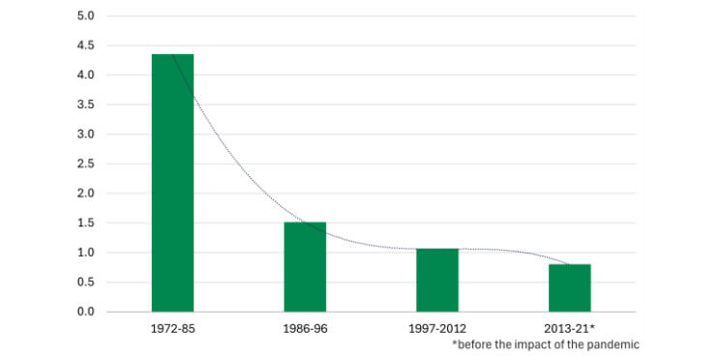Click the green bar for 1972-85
pyautogui.click(x=172, y=183)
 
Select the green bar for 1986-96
pyautogui.click(x=305, y=267)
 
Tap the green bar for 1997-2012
pyautogui.click(x=437, y=281)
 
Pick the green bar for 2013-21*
pyautogui.click(x=569, y=287)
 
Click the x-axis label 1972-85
pyautogui.click(x=172, y=329)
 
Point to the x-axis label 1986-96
pyautogui.click(x=305, y=329)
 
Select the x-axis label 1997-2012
pyautogui.click(x=437, y=329)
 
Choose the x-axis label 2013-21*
pyautogui.click(x=571, y=329)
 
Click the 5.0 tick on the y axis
pyautogui.click(x=85, y=16)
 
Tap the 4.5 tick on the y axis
pyautogui.click(x=85, y=45)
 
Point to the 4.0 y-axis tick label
pyautogui.click(x=85, y=75)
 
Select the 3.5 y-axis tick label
pyautogui.click(x=85, y=105)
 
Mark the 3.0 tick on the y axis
pyautogui.click(x=85, y=135)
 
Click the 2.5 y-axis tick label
pyautogui.click(x=85, y=164)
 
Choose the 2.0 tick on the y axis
pyautogui.click(x=85, y=194)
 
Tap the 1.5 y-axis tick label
pyautogui.click(x=85, y=223)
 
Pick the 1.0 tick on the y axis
pyautogui.click(x=85, y=253)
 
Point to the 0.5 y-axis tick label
pyautogui.click(x=85, y=282)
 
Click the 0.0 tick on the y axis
pyautogui.click(x=85, y=312)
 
